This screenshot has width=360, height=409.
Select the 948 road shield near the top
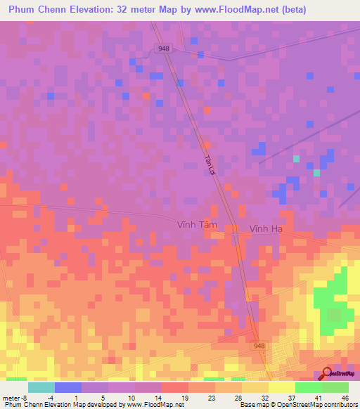click(x=164, y=48)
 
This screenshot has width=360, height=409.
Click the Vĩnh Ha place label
click(x=266, y=228)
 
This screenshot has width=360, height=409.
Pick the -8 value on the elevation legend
click(x=25, y=397)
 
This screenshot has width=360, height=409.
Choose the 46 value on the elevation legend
click(x=345, y=397)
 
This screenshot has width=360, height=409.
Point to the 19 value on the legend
click(x=185, y=397)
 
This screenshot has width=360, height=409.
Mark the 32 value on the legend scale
click(x=264, y=397)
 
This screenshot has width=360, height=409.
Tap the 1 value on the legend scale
click(x=78, y=397)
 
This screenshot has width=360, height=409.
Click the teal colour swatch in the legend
click(x=41, y=387)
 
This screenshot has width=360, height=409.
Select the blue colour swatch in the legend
click(x=67, y=387)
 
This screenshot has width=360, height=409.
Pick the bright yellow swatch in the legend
click(x=281, y=387)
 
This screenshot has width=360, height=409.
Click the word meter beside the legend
click(x=11, y=397)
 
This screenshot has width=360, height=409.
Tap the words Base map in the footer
click(x=250, y=405)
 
